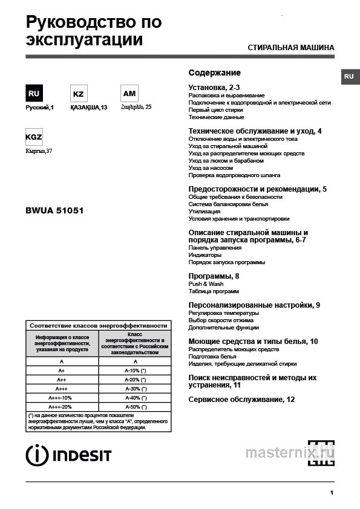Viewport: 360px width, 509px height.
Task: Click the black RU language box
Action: (x=34, y=94)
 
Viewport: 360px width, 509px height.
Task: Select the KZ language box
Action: (x=78, y=94)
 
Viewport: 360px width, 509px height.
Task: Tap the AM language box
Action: (x=129, y=94)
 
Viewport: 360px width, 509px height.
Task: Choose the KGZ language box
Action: (x=34, y=137)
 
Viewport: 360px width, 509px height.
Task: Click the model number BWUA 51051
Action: (x=54, y=211)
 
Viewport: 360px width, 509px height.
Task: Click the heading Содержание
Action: (x=214, y=73)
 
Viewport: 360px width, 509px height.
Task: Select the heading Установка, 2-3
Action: (x=214, y=88)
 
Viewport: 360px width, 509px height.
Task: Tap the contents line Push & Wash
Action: (x=206, y=284)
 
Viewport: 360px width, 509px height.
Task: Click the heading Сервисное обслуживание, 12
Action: (x=241, y=400)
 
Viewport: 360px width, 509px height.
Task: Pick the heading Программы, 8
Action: (x=214, y=276)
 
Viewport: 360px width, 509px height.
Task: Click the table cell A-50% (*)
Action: (x=136, y=407)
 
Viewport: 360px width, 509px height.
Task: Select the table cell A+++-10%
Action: (x=61, y=398)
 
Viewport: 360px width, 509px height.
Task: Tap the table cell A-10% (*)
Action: (x=136, y=370)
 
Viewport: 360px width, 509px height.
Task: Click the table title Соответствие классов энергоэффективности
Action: (x=98, y=325)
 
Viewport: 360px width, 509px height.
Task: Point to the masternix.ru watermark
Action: (x=290, y=452)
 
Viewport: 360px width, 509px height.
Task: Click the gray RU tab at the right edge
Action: (x=349, y=77)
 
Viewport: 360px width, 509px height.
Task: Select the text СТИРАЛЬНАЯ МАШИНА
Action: (x=291, y=48)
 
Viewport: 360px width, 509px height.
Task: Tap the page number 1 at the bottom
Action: (x=332, y=493)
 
